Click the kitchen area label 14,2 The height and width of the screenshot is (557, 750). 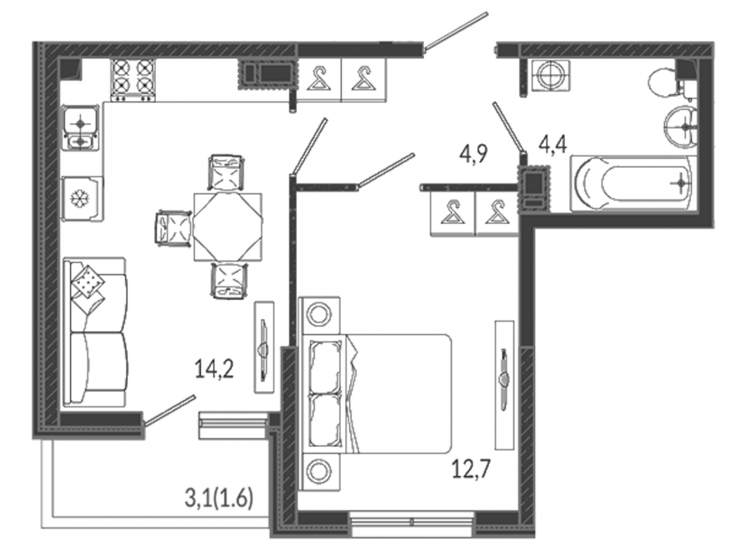pyautogui.click(x=214, y=370)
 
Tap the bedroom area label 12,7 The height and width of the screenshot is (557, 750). pyautogui.click(x=471, y=469)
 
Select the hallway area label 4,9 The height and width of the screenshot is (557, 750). pyautogui.click(x=473, y=154)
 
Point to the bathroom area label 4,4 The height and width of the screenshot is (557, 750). pyautogui.click(x=553, y=144)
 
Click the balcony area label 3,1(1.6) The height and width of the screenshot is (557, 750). pyautogui.click(x=218, y=499)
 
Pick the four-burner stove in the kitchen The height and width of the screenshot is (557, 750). pyautogui.click(x=133, y=80)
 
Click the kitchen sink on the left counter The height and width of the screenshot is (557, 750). pyautogui.click(x=81, y=128)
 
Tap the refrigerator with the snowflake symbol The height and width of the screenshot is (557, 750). pyautogui.click(x=82, y=199)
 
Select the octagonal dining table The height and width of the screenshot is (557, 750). pyautogui.click(x=227, y=227)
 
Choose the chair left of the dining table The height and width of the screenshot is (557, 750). pyautogui.click(x=173, y=228)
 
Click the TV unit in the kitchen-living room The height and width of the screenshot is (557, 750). pyautogui.click(x=264, y=347)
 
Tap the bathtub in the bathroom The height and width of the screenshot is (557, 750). pyautogui.click(x=632, y=184)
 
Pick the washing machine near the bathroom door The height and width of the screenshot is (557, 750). pyautogui.click(x=551, y=75)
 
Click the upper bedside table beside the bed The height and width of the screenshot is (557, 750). pyautogui.click(x=319, y=315)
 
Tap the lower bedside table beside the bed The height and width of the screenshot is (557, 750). pyautogui.click(x=319, y=471)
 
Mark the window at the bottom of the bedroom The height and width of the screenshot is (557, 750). pyautogui.click(x=412, y=523)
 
